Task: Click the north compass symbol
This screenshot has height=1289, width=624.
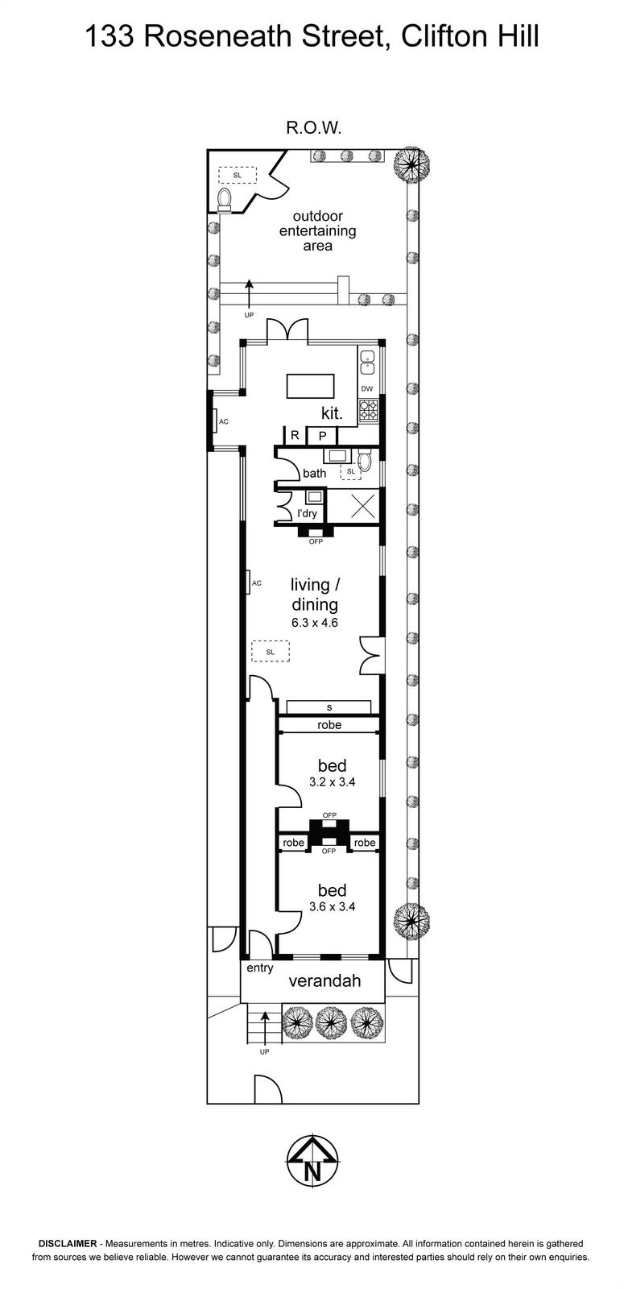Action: tap(312, 1159)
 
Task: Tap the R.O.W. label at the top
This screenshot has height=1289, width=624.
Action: tap(314, 128)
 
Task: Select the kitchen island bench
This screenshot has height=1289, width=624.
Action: tap(311, 386)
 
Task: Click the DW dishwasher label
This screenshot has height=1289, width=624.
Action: tap(367, 389)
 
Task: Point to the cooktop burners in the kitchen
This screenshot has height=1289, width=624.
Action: tap(367, 409)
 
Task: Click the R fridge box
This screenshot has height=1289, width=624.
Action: tap(295, 436)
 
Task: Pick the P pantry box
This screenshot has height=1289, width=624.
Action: tap(323, 436)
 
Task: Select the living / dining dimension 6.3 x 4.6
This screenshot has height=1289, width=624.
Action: tap(315, 622)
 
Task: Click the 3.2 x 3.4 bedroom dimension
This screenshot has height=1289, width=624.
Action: tap(332, 782)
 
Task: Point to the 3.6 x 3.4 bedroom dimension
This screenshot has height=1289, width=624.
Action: tap(332, 907)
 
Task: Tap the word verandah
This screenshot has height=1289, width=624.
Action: tap(325, 980)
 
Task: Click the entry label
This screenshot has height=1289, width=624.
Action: tap(260, 968)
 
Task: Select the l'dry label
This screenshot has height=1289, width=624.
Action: tap(307, 513)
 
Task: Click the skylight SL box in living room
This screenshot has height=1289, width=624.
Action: tap(271, 652)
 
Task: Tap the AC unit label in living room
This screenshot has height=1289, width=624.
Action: tap(257, 583)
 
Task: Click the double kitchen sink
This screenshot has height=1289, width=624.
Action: tap(367, 362)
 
